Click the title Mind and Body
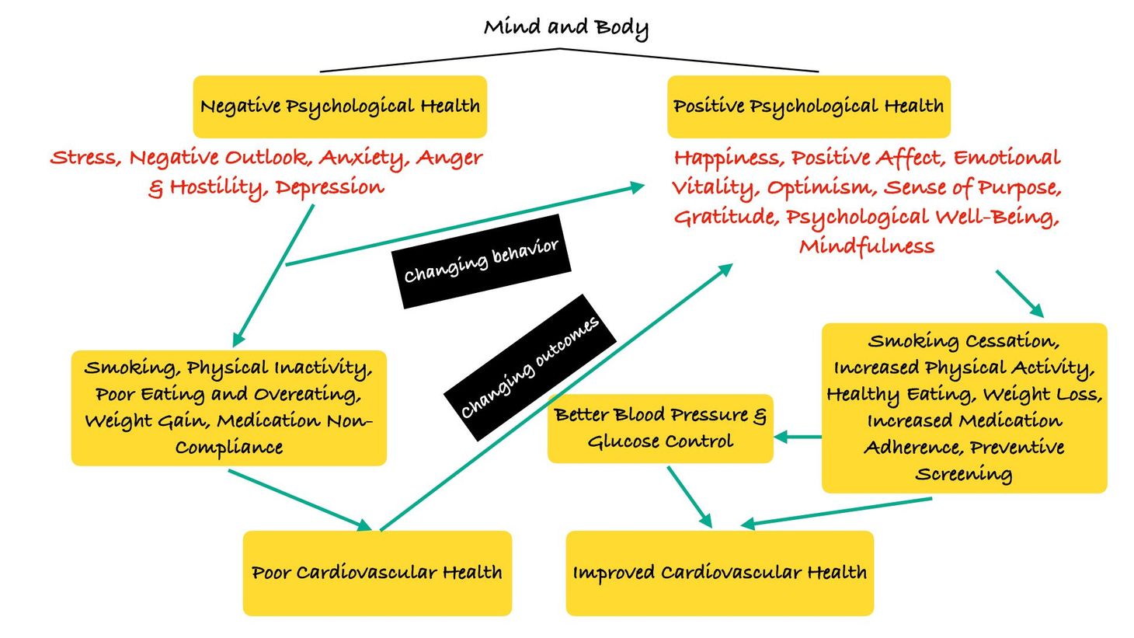565,28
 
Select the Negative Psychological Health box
340,106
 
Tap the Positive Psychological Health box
809,106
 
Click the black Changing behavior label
482,261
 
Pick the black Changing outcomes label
530,367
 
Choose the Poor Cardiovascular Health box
377,574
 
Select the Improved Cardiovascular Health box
719,574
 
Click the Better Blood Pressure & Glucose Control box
660,428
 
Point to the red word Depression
329,188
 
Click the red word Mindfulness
867,247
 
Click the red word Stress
85,159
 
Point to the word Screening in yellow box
963,474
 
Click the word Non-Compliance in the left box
230,448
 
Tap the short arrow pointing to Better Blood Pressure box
797,438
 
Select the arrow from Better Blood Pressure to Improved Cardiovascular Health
690,497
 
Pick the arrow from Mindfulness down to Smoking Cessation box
1019,293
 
